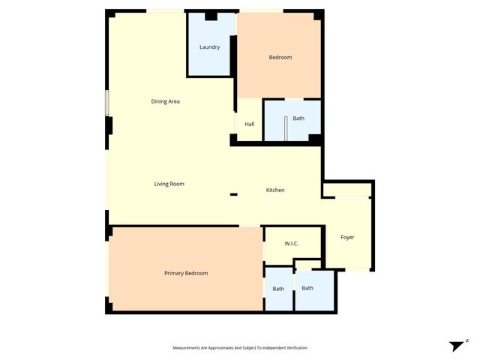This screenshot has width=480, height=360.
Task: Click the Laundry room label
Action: coord(209,47)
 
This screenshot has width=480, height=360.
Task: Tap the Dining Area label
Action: coord(166,101)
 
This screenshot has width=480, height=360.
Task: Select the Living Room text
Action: coord(169,184)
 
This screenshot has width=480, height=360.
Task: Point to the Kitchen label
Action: coord(275,190)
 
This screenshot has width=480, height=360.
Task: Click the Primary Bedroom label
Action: coord(186,273)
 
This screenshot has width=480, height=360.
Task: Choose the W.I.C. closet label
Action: coord(292,244)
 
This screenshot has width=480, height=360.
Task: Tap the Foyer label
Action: coord(347,237)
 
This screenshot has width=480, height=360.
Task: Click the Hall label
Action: coord(250,124)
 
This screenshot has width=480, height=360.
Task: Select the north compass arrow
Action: coord(457,345)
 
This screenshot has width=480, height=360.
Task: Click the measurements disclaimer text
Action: coord(240,347)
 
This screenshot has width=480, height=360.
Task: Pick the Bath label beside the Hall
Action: coord(298,118)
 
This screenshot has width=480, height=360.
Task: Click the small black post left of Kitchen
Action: coord(234,195)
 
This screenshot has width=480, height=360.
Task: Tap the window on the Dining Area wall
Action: coord(107,103)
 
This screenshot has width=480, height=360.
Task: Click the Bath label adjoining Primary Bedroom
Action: coord(278,289)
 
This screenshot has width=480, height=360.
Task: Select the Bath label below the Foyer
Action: coord(307,288)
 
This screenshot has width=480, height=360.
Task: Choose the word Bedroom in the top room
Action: coord(280,58)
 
